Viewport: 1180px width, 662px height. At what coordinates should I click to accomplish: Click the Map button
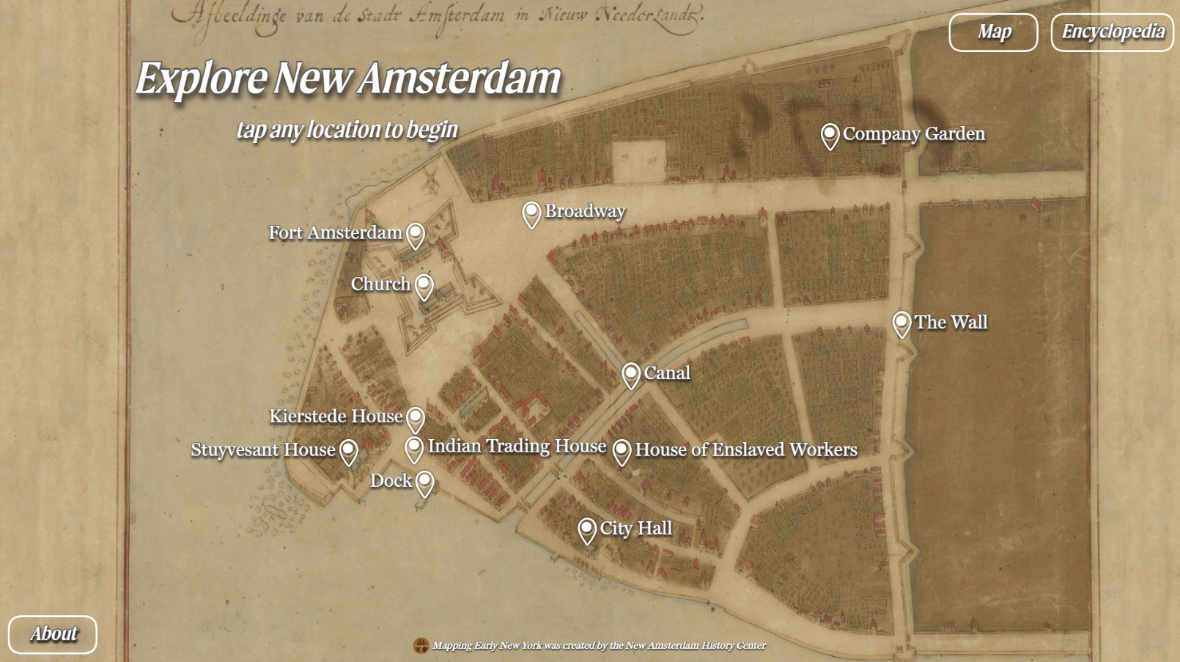(x=993, y=32)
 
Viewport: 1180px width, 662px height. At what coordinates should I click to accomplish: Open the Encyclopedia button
(x=1112, y=32)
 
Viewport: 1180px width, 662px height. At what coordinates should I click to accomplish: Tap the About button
(x=53, y=634)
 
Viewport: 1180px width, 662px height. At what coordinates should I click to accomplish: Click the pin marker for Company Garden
(x=830, y=136)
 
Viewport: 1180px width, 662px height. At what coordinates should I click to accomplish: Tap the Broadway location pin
(x=531, y=213)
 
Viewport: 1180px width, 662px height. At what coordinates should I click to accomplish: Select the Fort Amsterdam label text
(x=335, y=233)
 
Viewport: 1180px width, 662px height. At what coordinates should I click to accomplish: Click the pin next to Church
(x=424, y=286)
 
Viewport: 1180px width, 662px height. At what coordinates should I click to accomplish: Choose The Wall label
(x=951, y=323)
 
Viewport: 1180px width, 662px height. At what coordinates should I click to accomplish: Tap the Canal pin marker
(x=631, y=375)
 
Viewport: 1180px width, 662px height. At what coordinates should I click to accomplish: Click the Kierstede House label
(x=336, y=416)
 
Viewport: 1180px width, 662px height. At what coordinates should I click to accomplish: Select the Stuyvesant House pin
(x=349, y=451)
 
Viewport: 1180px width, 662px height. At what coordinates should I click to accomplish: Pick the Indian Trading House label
(x=517, y=446)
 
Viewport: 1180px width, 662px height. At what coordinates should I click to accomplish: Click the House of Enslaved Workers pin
(x=622, y=451)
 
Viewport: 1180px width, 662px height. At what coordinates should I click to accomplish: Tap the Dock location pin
(x=425, y=482)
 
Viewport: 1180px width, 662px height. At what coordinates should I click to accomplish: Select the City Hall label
(x=635, y=529)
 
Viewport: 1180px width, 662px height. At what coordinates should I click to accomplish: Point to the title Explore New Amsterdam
(x=348, y=78)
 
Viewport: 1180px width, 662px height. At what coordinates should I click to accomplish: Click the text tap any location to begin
(x=347, y=130)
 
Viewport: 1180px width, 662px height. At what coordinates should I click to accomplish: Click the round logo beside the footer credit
(x=421, y=646)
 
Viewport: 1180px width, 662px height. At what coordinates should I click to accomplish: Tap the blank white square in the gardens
(x=638, y=161)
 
